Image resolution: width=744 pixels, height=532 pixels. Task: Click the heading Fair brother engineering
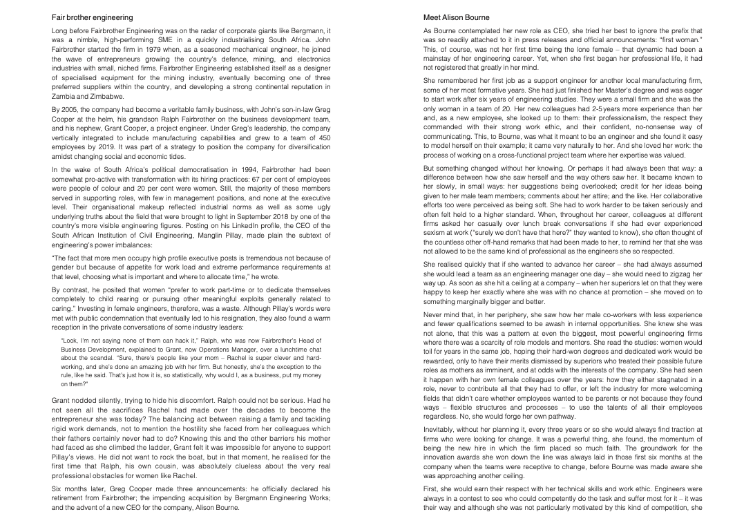click(92, 17)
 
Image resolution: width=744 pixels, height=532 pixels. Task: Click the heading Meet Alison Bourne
click(456, 17)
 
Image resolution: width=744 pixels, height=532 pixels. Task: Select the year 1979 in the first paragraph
click(161, 49)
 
